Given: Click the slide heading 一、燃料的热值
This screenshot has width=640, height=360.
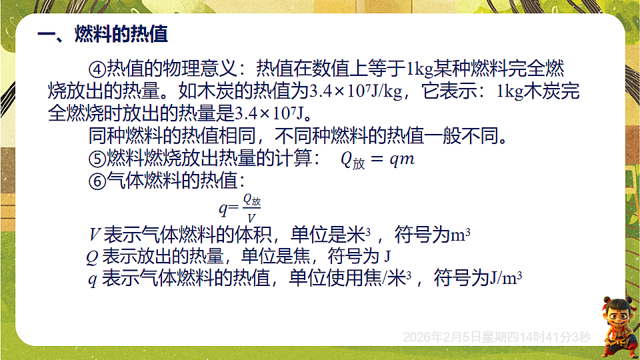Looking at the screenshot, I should pos(102,34).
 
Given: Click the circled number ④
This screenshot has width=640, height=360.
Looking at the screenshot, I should pos(97,69).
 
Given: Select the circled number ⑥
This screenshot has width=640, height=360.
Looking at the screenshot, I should pos(97,181).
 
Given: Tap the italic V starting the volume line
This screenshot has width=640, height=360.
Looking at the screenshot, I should pos(95,235).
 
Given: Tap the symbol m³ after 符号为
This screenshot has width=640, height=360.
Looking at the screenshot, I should pos(461,235).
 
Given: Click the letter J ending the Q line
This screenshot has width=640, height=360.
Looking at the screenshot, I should pos(387,257).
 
